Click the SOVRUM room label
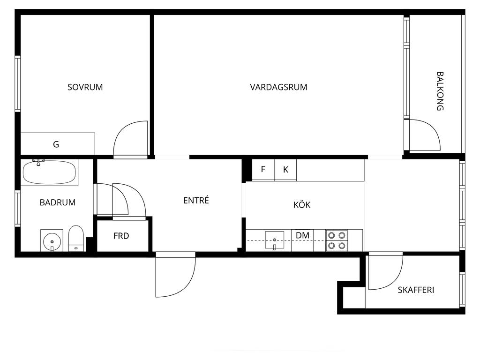coord(85,87)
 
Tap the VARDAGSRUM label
coord(278,87)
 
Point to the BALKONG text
coord(440,91)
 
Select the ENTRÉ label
coord(196,200)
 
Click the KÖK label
coord(302,204)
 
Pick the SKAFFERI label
coord(416,290)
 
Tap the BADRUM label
coord(58,202)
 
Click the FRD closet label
coord(121,236)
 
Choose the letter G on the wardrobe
coord(56,144)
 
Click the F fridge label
coord(263,169)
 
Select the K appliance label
coord(285,170)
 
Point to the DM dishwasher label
coord(302,235)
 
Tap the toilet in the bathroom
coord(76,239)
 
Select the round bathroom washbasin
coord(52,241)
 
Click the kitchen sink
coord(275,240)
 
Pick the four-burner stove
coord(337,240)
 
